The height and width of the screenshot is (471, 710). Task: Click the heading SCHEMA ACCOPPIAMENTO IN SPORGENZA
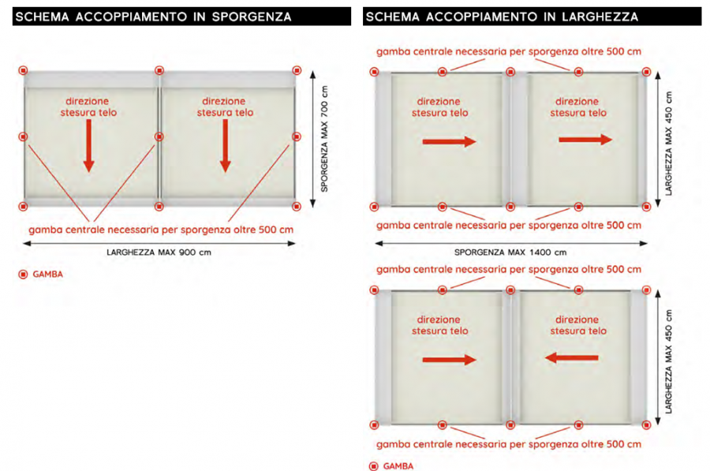[153, 17]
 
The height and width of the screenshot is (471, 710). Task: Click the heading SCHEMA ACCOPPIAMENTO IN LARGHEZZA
[502, 17]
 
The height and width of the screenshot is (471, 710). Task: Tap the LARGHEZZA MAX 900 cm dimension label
[159, 252]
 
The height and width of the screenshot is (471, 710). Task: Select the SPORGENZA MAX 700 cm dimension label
[324, 139]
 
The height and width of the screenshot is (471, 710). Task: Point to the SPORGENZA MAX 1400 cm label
[510, 252]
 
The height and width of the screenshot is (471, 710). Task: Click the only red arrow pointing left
[571, 357]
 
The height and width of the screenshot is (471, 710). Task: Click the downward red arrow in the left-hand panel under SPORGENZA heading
[88, 145]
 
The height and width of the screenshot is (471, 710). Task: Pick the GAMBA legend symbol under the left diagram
[23, 275]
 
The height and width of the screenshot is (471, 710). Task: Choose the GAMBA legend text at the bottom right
[398, 466]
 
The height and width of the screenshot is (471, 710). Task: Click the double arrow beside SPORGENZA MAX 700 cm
[312, 139]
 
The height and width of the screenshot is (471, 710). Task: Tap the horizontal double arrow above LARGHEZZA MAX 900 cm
[159, 244]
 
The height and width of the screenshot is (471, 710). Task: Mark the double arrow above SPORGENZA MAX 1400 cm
[511, 244]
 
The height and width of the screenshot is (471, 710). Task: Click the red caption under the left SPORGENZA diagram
[161, 230]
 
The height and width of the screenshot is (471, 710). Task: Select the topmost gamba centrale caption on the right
[509, 51]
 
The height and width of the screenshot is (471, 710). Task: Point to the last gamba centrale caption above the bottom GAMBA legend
[509, 444]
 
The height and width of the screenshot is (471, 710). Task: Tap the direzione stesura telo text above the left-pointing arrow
[577, 325]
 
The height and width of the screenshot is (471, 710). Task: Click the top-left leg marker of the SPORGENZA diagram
[23, 70]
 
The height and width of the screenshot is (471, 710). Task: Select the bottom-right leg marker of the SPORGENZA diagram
[297, 207]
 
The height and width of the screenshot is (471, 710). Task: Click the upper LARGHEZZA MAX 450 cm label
[669, 144]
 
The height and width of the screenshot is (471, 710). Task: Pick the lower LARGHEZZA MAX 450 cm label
[669, 361]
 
